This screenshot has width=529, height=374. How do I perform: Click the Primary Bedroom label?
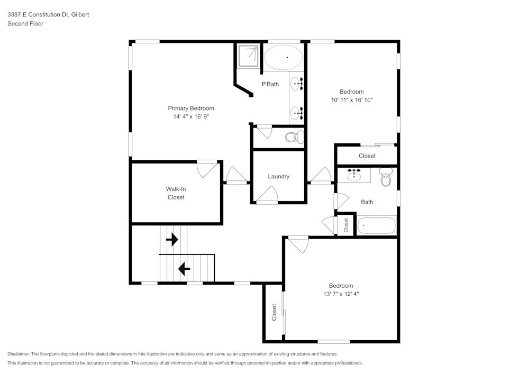(191, 108)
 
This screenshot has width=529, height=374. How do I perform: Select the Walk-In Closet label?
(176, 193)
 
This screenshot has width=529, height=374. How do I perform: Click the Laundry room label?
(278, 177)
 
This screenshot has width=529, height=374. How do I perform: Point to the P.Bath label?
(270, 84)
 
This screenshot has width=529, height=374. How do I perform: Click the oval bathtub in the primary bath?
(284, 57)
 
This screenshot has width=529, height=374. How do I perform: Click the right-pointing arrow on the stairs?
(172, 240)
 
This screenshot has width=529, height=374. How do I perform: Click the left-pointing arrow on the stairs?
(184, 269)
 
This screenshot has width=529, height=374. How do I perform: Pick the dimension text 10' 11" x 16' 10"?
(352, 100)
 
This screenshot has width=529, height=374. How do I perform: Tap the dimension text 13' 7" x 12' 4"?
(341, 294)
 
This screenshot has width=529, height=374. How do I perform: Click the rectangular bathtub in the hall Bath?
(377, 226)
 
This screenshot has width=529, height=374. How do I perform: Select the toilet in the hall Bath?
(386, 178)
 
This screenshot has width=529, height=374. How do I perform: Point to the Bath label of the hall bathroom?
(367, 202)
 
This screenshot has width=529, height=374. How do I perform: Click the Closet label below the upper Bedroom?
(367, 156)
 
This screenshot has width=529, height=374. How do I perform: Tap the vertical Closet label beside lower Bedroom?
(274, 312)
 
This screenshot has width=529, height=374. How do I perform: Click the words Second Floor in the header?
(25, 24)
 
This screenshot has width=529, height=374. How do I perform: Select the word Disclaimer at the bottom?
(19, 354)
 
